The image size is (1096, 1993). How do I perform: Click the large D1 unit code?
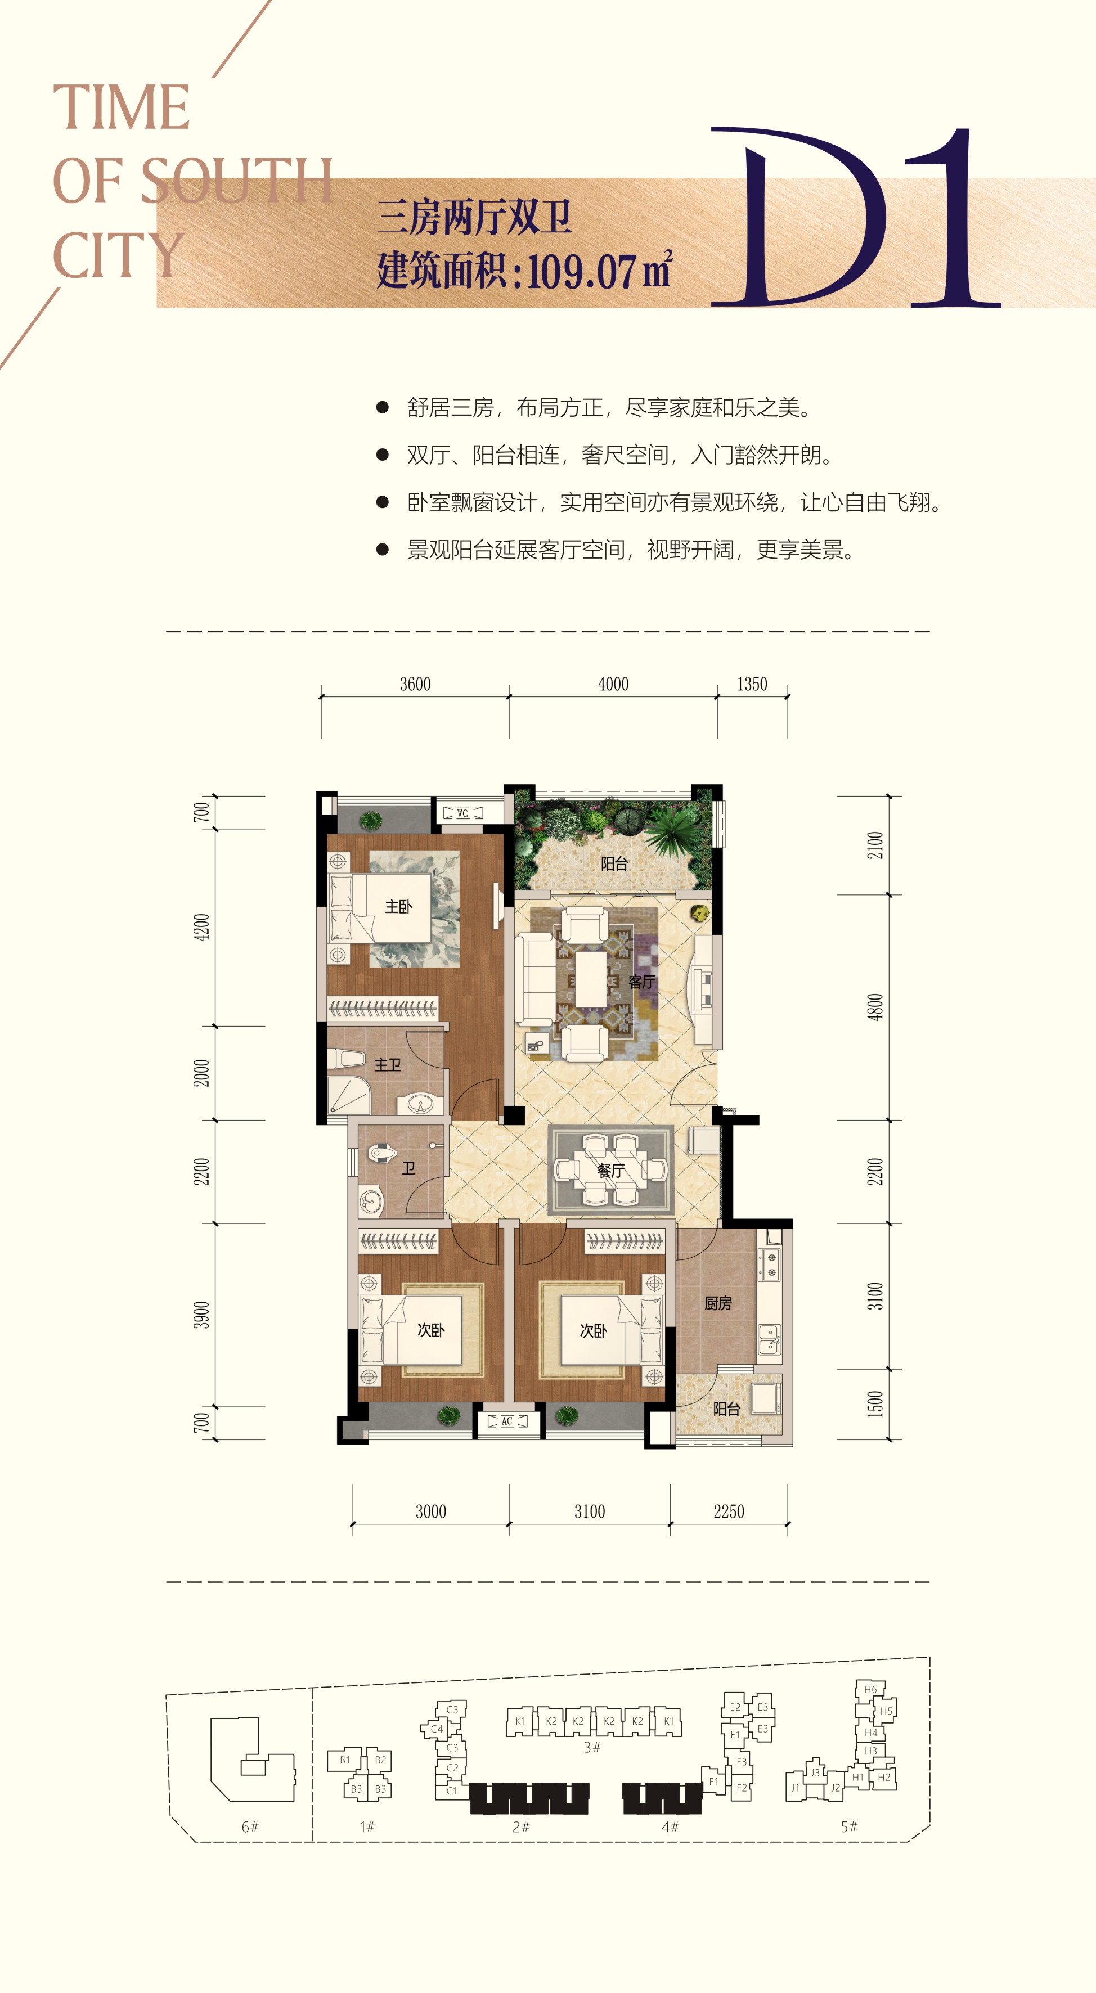(x=855, y=217)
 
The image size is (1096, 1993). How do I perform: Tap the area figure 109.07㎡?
(x=600, y=270)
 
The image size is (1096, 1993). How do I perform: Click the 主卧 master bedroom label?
(x=398, y=906)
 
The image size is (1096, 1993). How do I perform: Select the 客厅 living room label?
(x=641, y=982)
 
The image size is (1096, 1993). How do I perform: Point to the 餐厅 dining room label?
(x=610, y=1171)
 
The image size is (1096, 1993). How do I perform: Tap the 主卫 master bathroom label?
(x=388, y=1065)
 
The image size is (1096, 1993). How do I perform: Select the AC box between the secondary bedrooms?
(x=507, y=1421)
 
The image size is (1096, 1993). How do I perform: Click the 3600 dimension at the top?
(x=415, y=684)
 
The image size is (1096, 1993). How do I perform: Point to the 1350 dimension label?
(x=752, y=684)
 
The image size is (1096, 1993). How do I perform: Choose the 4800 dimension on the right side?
(x=875, y=1006)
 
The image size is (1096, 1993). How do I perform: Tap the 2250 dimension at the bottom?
(x=729, y=1511)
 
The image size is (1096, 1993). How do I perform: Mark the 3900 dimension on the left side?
(x=201, y=1315)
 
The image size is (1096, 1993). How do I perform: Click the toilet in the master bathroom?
(x=346, y=1059)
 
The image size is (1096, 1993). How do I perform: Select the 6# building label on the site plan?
(x=250, y=1826)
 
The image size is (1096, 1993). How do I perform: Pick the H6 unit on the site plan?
(x=870, y=1689)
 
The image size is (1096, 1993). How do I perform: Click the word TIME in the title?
(x=121, y=107)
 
